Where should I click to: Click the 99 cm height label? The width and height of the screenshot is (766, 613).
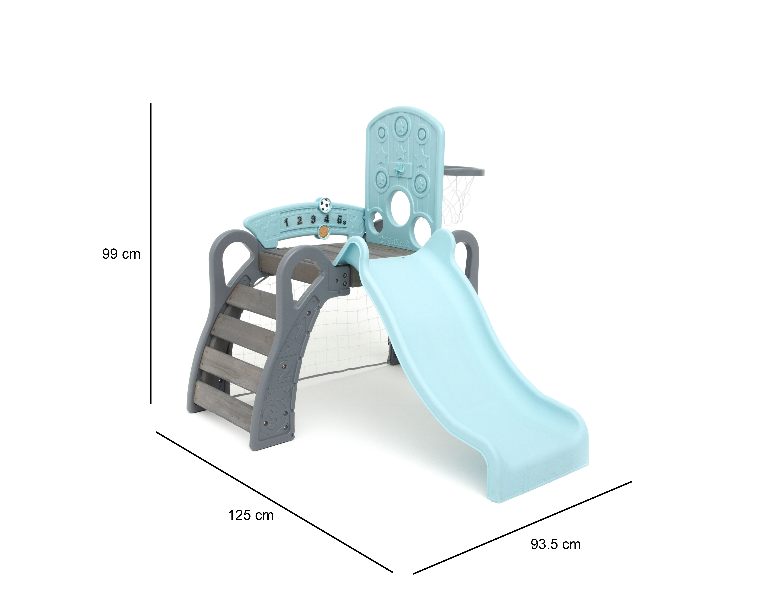pos(121,254)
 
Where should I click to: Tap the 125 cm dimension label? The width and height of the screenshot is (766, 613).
pos(251,515)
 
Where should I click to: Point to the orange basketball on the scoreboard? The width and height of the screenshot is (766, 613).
pos(323,231)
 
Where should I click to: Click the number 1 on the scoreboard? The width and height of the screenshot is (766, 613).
pos(286,223)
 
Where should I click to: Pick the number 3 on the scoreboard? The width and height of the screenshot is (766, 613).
pos(313,219)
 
